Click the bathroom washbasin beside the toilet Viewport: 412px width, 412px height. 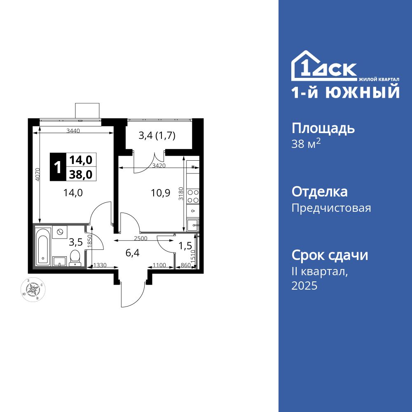(x=60, y=261)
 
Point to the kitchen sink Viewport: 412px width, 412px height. (x=192, y=225)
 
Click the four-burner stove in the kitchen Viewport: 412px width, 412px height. (x=193, y=196)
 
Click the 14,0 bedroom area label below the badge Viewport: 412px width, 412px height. (x=73, y=193)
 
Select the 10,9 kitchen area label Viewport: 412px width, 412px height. (x=161, y=193)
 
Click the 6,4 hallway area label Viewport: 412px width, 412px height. (x=132, y=253)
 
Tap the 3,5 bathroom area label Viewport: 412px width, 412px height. (x=75, y=242)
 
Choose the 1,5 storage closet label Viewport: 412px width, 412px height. (x=185, y=246)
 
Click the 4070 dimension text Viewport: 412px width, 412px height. (x=37, y=175)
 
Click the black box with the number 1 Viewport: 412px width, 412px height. (x=58, y=167)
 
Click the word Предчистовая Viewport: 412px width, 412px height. (x=331, y=208)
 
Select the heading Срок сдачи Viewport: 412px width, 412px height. (x=330, y=255)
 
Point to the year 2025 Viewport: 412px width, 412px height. (x=304, y=286)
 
